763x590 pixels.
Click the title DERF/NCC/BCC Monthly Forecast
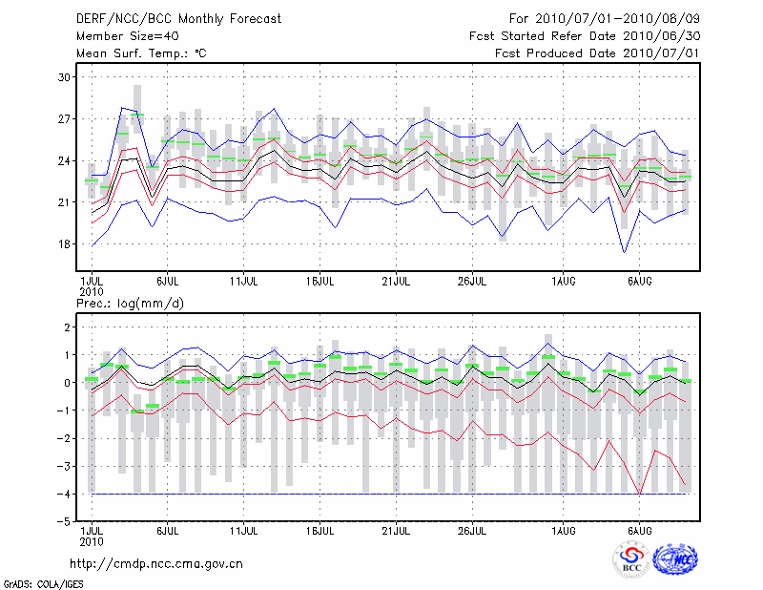(x=178, y=18)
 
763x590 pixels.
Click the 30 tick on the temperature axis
(x=65, y=76)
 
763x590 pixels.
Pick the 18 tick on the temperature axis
(x=65, y=243)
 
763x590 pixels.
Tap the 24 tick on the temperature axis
(x=65, y=160)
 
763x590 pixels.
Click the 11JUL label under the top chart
(x=244, y=282)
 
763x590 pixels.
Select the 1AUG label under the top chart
(x=564, y=282)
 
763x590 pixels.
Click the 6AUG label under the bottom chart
(x=640, y=528)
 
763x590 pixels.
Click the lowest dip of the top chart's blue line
(x=624, y=252)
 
